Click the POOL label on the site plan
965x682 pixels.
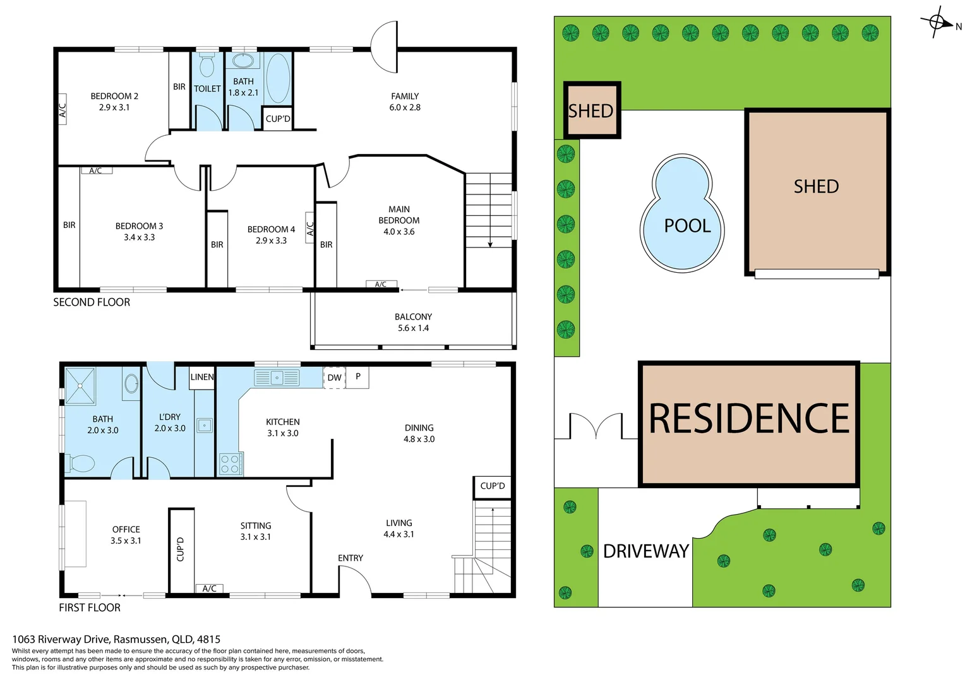687,226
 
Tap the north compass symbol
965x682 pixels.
938,23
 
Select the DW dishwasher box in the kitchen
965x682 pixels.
334,378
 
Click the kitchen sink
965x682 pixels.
277,378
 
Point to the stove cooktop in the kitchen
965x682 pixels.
230,464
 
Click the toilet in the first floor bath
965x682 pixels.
81,463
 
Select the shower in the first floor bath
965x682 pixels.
80,386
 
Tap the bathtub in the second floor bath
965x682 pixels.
278,78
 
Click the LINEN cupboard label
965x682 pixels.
202,377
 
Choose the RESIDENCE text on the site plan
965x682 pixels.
749,419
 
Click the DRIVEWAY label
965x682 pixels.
645,551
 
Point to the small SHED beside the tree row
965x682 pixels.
591,111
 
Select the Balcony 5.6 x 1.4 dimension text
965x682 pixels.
413,328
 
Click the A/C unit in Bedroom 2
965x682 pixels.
63,110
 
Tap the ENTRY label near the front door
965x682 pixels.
351,558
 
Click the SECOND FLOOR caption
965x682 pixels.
92,302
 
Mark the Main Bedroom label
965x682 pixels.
399,215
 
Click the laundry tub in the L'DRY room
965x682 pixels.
204,425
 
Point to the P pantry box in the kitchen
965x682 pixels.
357,377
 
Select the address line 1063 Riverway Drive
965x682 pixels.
116,639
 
